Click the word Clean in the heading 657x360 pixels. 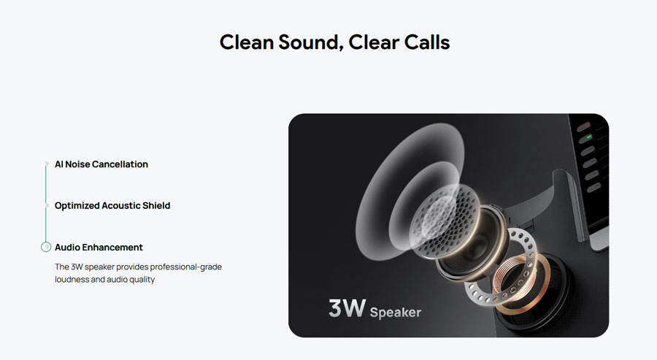247,42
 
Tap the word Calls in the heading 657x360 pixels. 427,42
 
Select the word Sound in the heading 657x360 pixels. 310,43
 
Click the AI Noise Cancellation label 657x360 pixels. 101,164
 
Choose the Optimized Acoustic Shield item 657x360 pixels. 112,205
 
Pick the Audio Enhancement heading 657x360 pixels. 99,248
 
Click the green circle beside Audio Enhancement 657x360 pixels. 46,248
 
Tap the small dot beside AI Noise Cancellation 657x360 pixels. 47,164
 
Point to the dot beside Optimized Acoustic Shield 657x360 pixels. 47,205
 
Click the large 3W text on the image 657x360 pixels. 347,308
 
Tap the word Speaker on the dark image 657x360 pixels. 396,313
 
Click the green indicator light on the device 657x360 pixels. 588,137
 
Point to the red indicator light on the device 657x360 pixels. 585,126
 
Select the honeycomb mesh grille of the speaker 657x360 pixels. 445,221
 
